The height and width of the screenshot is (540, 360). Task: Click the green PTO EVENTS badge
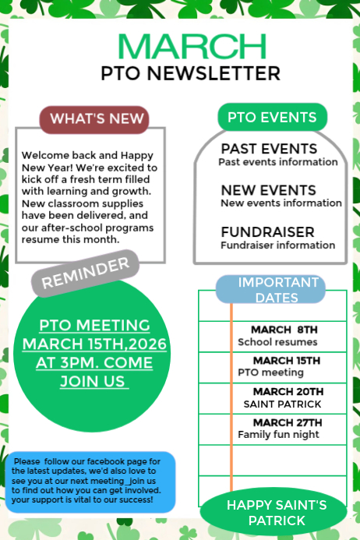pyautogui.click(x=272, y=118)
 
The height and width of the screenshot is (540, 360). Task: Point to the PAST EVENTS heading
pyautogui.click(x=269, y=148)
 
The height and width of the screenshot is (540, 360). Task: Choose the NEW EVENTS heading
pyautogui.click(x=268, y=190)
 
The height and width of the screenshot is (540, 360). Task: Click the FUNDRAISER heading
pyautogui.click(x=267, y=232)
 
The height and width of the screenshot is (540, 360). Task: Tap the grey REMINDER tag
pyautogui.click(x=85, y=274)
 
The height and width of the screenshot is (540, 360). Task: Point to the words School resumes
pyautogui.click(x=277, y=342)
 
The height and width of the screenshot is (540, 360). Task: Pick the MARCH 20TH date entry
pyautogui.click(x=288, y=391)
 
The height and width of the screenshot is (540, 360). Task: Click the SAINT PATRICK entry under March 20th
pyautogui.click(x=282, y=404)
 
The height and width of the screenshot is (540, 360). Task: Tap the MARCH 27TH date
pyautogui.click(x=288, y=422)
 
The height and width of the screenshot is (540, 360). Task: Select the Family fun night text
pyautogui.click(x=278, y=434)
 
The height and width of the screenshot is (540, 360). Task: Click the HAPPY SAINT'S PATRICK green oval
pyautogui.click(x=277, y=512)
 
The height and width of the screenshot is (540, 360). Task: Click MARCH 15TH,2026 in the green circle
pyautogui.click(x=94, y=344)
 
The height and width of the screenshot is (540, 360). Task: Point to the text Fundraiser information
pyautogui.click(x=277, y=245)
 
